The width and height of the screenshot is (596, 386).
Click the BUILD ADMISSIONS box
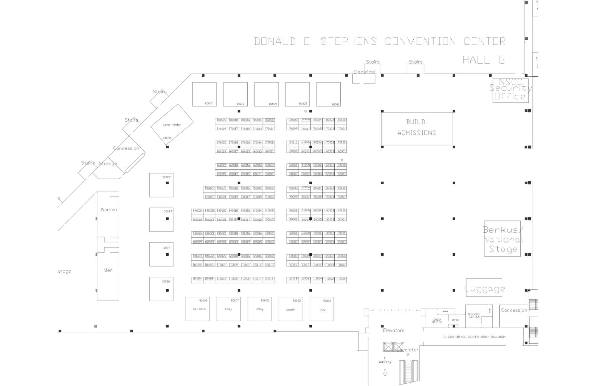417,128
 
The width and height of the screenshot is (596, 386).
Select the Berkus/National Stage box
502,239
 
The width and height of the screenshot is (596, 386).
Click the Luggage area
484,288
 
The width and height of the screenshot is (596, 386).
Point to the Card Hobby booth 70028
172,125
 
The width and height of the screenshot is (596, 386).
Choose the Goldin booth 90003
291,309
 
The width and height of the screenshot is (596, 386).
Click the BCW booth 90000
322,309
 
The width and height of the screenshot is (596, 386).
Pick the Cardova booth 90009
198,309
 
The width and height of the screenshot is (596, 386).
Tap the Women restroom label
109,210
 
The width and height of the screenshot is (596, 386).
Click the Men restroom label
108,270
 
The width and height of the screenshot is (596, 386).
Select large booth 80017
204,94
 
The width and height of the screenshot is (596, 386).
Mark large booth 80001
328,94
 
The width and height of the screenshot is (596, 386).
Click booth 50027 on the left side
161,185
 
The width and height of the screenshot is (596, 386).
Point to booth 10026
161,289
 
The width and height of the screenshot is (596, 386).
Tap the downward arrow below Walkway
385,373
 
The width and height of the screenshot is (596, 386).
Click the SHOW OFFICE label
437,321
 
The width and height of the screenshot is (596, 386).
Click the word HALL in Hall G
476,60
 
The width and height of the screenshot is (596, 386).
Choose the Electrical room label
364,72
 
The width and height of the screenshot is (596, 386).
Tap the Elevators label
394,331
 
